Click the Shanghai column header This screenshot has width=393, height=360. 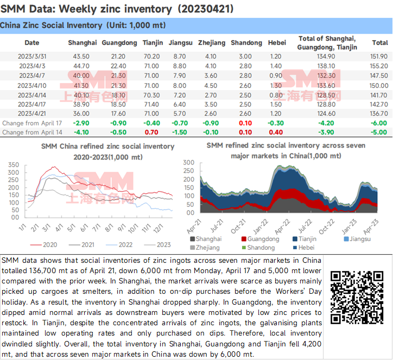click(82, 43)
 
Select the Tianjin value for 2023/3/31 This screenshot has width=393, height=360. click(151, 56)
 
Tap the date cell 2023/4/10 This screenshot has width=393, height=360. click(32, 85)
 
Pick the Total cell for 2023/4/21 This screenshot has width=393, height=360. click(379, 113)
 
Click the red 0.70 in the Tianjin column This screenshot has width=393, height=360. click(151, 132)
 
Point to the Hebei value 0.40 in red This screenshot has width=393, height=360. click(276, 132)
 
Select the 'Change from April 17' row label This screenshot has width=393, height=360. click(32, 123)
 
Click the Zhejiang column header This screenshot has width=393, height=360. click(212, 43)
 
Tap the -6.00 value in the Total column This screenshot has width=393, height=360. click(379, 123)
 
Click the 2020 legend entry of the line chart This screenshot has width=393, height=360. click(44, 245)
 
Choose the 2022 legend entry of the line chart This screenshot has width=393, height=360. click(119, 245)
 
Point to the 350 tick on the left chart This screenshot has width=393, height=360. click(14, 165)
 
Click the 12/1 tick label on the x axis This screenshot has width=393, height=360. click(158, 229)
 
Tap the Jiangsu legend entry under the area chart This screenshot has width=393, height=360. click(357, 239)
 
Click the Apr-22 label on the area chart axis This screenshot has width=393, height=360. click(282, 226)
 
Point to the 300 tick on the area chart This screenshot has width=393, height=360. click(189, 163)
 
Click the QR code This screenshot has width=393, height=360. click(357, 298)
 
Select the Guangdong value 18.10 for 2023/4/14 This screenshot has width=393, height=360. click(118, 96)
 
